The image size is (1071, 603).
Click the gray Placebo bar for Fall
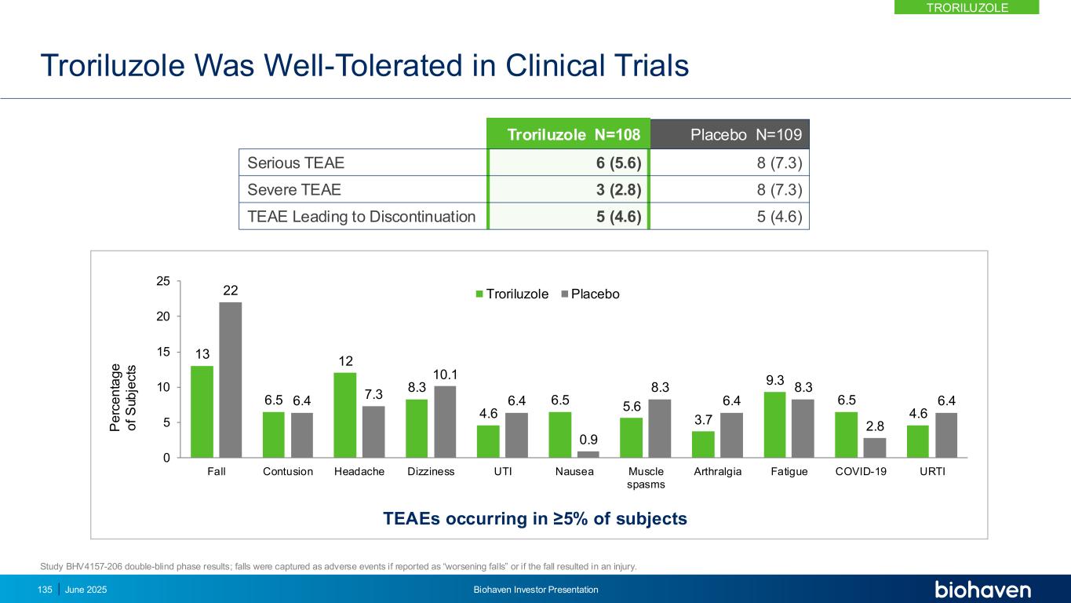pyautogui.click(x=231, y=380)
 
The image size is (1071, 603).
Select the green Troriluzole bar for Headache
pyautogui.click(x=344, y=415)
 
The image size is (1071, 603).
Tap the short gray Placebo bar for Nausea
pyautogui.click(x=588, y=454)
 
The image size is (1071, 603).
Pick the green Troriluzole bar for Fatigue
pyautogui.click(x=774, y=425)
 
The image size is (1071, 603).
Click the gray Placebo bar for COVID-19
pyautogui.click(x=875, y=448)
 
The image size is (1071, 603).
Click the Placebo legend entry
pyautogui.click(x=590, y=294)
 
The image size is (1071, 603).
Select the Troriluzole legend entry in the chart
pyautogui.click(x=511, y=294)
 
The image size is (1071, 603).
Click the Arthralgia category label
pyautogui.click(x=717, y=472)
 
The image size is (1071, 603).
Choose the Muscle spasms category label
pyautogui.click(x=646, y=478)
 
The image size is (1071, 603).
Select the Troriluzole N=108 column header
pyautogui.click(x=568, y=134)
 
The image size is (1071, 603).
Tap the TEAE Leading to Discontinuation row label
pyautogui.click(x=362, y=216)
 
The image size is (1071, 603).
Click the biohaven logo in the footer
pyautogui.click(x=982, y=590)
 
